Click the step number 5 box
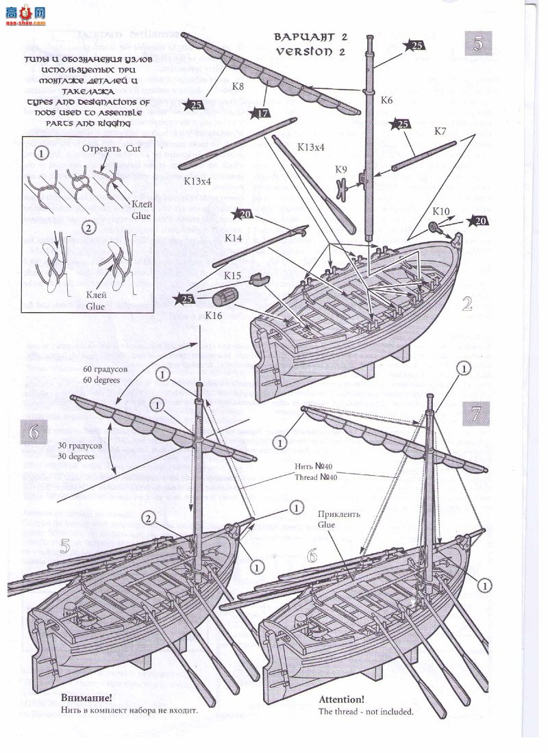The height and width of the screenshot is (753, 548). (x=478, y=43)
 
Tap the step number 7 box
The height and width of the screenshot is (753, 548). (x=478, y=413)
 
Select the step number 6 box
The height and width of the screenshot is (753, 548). (x=35, y=431)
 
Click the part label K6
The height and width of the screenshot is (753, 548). (x=386, y=100)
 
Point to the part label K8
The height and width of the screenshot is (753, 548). (x=238, y=86)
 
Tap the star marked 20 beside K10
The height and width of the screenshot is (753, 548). (x=480, y=220)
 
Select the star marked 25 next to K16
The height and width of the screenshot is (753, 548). (x=185, y=298)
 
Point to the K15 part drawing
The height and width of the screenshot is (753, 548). (x=258, y=279)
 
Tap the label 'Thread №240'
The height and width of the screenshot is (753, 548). (x=314, y=477)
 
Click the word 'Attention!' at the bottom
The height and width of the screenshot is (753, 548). (x=342, y=700)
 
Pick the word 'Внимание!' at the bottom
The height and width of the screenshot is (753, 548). (x=86, y=698)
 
